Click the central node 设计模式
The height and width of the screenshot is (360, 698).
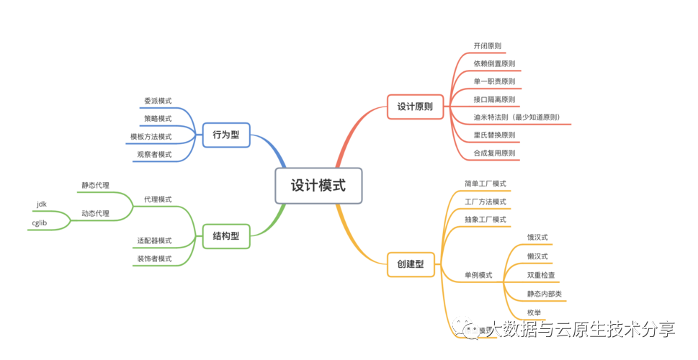[318, 186]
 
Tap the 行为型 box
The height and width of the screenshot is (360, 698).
[225, 134]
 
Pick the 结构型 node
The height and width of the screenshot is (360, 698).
[225, 236]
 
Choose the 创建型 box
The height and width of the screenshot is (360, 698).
[410, 264]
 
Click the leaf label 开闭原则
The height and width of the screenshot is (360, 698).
[487, 46]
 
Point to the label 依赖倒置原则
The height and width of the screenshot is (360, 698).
[494, 63]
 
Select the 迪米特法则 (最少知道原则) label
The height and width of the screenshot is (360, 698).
[516, 117]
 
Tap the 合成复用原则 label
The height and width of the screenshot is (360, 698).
[494, 153]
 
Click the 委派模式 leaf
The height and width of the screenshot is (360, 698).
[158, 101]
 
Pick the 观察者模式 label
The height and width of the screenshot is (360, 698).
[154, 154]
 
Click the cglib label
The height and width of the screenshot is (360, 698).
[39, 223]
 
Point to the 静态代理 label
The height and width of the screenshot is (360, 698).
[95, 186]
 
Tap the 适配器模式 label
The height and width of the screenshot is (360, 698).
[154, 240]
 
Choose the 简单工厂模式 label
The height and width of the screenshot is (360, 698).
[486, 184]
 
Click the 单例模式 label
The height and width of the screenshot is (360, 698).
[478, 275]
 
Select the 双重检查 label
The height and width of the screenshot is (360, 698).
[541, 275]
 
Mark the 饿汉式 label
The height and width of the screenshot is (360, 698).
[537, 237]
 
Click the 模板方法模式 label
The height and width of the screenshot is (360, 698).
[151, 136]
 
